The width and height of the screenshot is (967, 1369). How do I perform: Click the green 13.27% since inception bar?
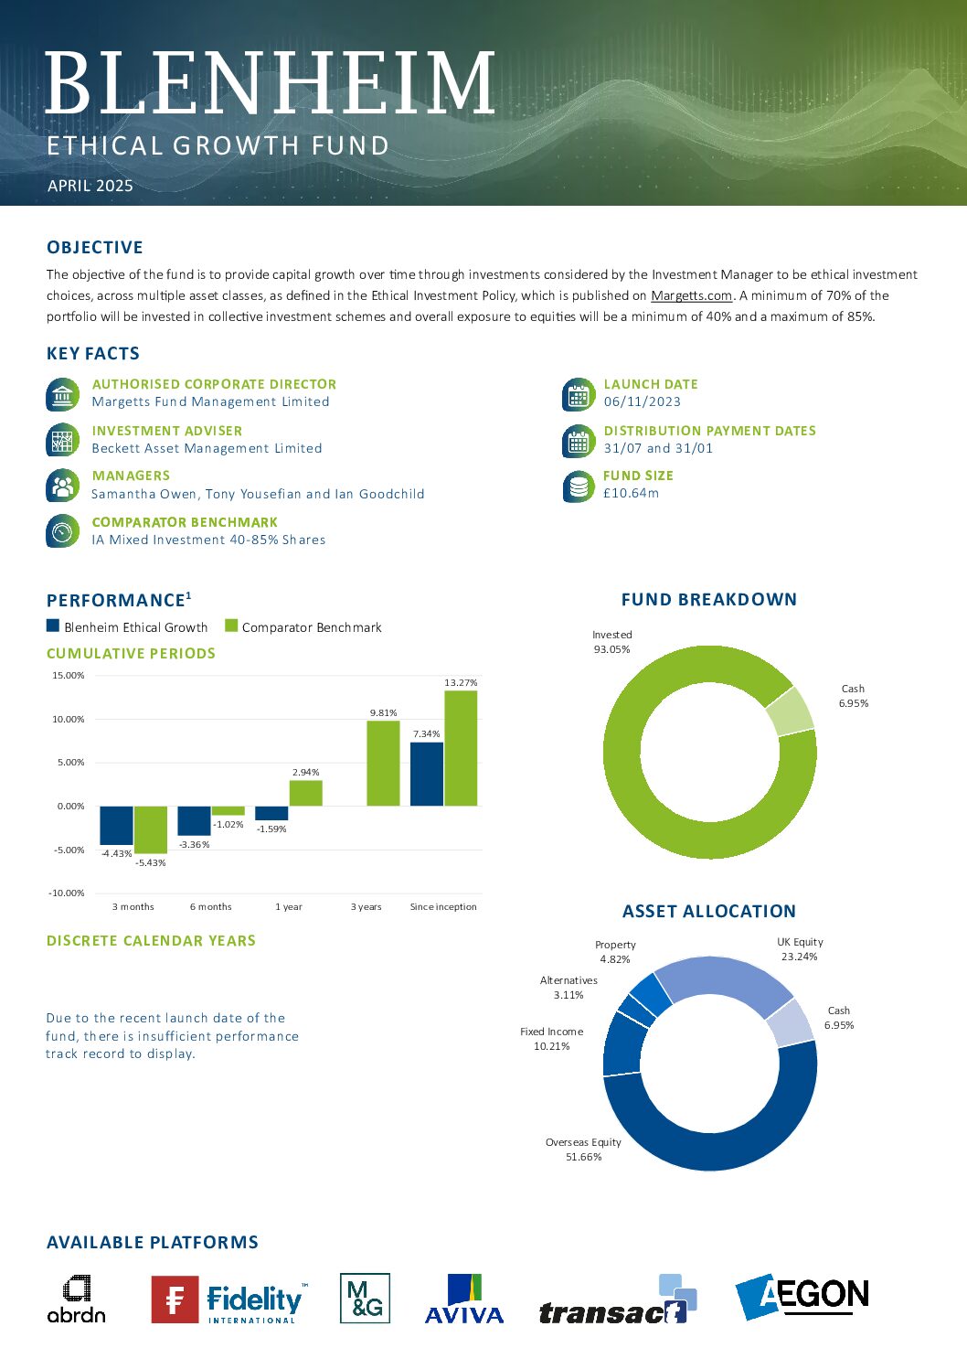tap(461, 748)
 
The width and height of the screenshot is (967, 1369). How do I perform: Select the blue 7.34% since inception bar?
tap(427, 774)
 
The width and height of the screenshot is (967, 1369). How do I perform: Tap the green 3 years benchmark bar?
tap(383, 764)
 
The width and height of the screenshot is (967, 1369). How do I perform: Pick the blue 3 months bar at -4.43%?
tap(117, 825)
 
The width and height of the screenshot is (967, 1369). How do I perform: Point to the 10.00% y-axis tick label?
tap(68, 720)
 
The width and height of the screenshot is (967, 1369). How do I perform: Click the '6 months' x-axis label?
tap(211, 906)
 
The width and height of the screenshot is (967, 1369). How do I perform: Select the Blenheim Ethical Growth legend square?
tap(52, 626)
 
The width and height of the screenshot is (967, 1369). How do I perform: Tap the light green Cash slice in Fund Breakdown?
tap(792, 711)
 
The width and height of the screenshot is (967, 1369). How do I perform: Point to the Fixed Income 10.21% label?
tap(552, 1038)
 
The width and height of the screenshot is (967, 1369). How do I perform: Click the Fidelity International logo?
tap(229, 1299)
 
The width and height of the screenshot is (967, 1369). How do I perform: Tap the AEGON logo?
tap(802, 1296)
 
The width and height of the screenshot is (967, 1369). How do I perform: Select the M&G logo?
tap(365, 1298)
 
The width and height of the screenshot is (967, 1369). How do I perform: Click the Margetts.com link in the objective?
tap(692, 295)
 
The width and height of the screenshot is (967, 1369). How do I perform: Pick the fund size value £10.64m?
tap(631, 493)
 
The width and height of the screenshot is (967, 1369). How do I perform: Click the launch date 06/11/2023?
tap(642, 401)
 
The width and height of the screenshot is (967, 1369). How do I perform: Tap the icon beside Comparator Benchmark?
tap(62, 531)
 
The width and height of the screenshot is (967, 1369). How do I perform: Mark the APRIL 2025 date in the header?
tap(90, 186)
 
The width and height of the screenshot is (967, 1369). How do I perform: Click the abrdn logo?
tap(77, 1299)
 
